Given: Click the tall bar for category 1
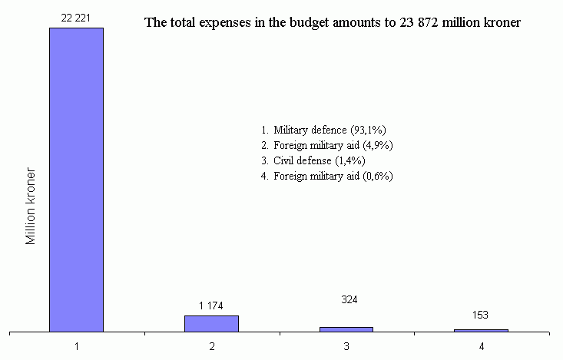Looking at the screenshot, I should pos(76,180).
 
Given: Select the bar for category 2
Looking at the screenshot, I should pos(211,323).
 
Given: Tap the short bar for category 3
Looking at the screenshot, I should pos(346,329).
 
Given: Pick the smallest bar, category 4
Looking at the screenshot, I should pos(481,330).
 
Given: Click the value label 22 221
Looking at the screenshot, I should pos(76,17).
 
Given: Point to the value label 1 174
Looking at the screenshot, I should pos(211,306).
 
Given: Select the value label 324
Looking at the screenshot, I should pos(346,299).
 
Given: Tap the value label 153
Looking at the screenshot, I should pos(481,315).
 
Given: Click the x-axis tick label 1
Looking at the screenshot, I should pos(77,346).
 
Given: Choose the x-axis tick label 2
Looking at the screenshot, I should pos(211,346).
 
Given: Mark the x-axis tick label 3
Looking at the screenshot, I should pos(346,346).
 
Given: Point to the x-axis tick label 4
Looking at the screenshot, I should pos(482,346).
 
